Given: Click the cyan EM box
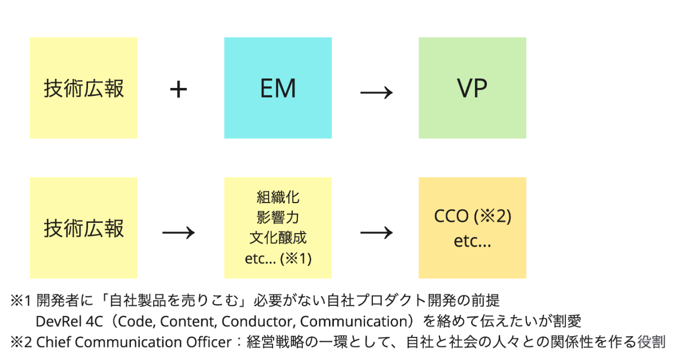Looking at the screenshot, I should [x=278, y=87].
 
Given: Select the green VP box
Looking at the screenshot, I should [x=472, y=87].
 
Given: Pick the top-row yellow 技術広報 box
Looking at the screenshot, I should [x=83, y=87].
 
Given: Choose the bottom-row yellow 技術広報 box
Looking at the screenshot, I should [x=83, y=228].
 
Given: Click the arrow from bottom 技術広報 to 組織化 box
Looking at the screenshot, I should [x=178, y=232].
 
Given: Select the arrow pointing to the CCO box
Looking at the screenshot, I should [x=376, y=232].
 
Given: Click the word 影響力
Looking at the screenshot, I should [x=278, y=217].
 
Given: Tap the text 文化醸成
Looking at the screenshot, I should [x=278, y=237].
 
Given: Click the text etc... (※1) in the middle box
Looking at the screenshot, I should [x=278, y=258].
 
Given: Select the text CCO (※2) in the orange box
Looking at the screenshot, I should [x=472, y=217].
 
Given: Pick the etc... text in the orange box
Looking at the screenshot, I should [x=472, y=242].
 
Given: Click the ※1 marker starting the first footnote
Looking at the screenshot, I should [x=22, y=300].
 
